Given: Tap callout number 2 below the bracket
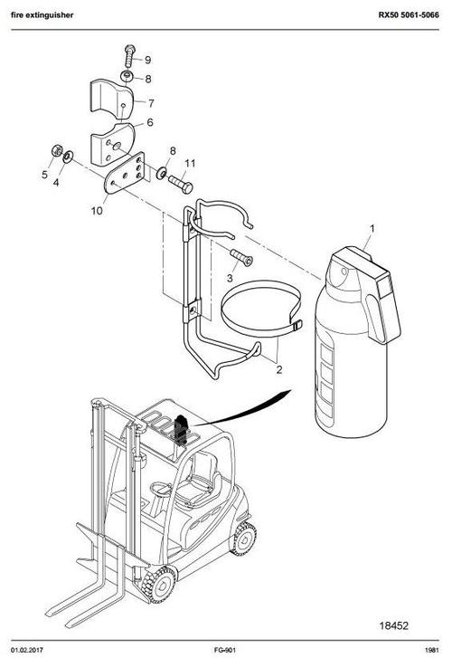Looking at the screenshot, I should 279,369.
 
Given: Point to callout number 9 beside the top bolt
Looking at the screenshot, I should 147,60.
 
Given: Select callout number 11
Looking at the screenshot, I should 190,164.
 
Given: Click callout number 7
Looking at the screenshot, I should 150,102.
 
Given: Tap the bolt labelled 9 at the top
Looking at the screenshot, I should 127,55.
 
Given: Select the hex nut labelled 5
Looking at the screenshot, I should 56,150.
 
